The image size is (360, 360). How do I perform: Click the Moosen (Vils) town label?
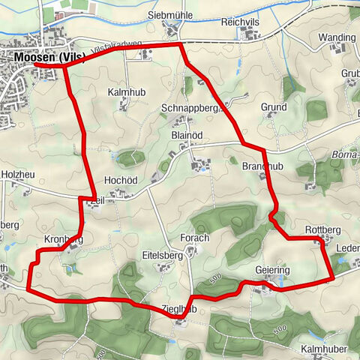[x=47, y=57]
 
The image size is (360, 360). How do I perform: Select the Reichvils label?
[x=239, y=22]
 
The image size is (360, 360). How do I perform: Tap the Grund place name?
[x=274, y=108]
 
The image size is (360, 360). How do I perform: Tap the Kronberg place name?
[x=63, y=238]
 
